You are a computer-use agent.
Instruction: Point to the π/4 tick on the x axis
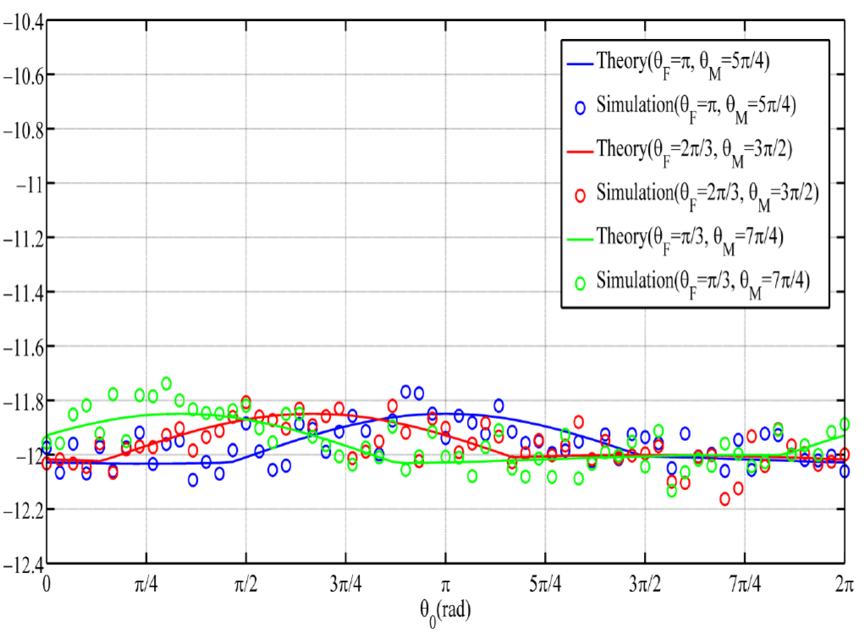[146, 585]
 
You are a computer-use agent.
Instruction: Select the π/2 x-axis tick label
[246, 585]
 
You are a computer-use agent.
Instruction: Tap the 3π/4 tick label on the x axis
[345, 585]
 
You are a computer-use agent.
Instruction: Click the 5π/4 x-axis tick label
[545, 585]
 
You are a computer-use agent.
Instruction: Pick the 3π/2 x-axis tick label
[645, 585]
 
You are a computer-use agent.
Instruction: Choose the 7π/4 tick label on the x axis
[744, 585]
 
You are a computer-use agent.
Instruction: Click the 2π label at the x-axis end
[843, 585]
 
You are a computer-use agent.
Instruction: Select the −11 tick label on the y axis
[29, 184]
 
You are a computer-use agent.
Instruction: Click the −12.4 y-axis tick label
[23, 563]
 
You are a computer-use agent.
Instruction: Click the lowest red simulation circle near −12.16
[724, 499]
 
